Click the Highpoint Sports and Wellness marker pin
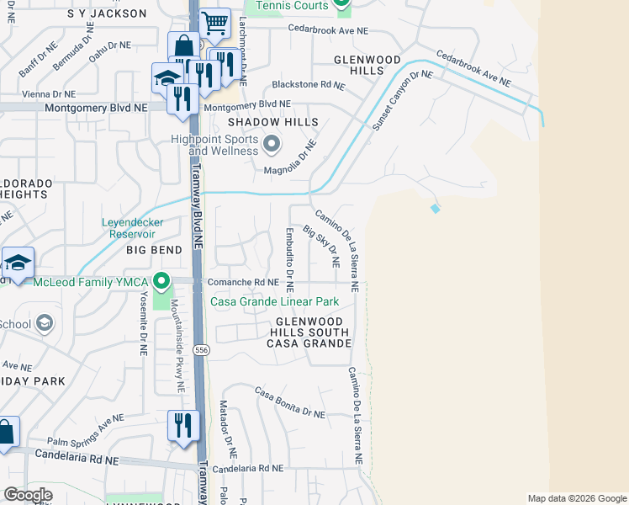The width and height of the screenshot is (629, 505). pos(271,144)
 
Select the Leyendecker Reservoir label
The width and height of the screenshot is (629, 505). pos(133,228)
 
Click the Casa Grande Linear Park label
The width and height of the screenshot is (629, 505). pos(274,301)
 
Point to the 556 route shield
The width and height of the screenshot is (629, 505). pos(200,349)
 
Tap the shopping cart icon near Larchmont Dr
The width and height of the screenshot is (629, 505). pos(215,24)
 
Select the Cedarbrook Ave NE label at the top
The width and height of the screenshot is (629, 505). pos(328,30)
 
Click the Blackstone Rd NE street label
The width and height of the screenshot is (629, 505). pos(308,85)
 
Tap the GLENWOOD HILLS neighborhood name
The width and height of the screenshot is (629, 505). pos(367,66)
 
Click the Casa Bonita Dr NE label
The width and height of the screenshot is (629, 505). pos(289,403)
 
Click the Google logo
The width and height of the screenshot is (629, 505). pos(29,495)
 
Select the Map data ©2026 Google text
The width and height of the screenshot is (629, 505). pos(577,498)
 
